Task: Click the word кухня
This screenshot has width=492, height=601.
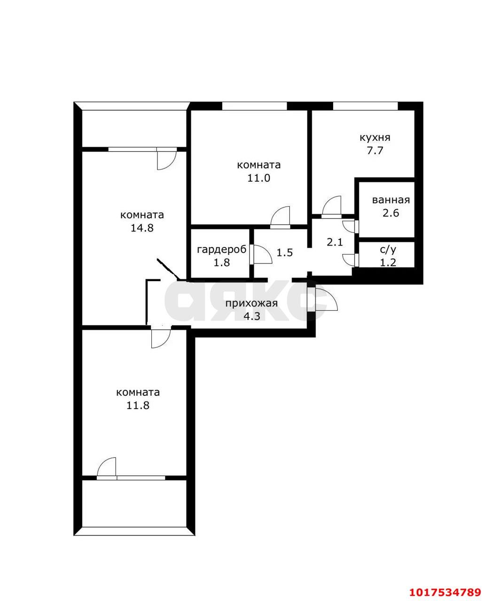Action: coord(375,138)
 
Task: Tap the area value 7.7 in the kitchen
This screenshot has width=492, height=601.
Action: coord(375,150)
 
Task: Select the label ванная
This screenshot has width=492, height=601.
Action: coord(391,200)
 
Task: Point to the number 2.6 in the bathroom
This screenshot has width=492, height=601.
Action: coord(391,213)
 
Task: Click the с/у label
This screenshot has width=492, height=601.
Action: coord(388,250)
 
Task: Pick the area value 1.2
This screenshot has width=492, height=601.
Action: coord(388,262)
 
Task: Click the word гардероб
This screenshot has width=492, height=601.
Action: coord(222,250)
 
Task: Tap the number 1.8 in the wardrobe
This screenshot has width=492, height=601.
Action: coord(222,262)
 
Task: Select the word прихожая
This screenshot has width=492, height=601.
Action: coord(251,303)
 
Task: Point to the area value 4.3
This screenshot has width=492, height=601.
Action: coord(252,316)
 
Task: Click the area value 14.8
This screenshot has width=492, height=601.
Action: coord(142,228)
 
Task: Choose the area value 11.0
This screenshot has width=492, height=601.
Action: coord(259,178)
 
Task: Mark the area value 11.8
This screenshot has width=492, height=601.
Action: coord(138,405)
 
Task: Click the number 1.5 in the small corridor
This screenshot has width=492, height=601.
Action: coord(285,253)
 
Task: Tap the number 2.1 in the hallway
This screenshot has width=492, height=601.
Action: coord(335,242)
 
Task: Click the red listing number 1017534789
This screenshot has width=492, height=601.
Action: coord(445,590)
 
